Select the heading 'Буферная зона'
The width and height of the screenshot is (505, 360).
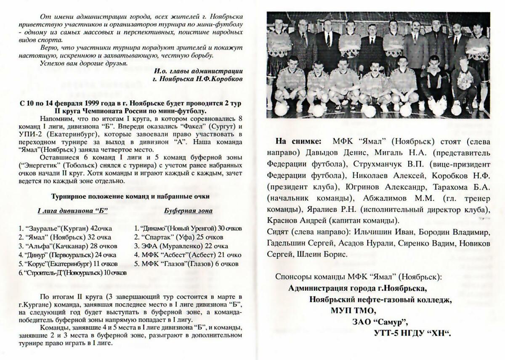(188, 211)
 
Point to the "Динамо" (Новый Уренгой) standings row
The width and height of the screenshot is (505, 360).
(188, 228)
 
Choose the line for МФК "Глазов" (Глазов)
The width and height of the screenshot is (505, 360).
(186, 264)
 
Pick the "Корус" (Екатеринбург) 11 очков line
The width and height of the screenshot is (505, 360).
(68, 264)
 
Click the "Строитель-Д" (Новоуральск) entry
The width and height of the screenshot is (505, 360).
(72, 273)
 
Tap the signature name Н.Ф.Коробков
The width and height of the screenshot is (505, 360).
(223, 78)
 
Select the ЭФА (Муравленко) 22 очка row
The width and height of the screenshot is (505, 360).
(181, 246)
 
